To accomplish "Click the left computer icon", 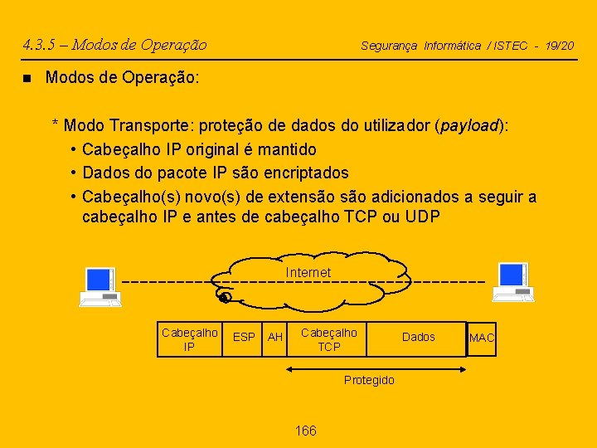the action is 100,286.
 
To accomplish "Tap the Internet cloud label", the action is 308,272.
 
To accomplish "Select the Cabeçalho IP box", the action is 189,339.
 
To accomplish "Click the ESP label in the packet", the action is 244,338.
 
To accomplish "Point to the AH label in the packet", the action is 275,338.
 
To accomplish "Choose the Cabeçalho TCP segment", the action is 328,339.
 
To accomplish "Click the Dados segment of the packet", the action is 418,337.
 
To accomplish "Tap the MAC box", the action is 482,338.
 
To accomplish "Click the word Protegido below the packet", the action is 369,380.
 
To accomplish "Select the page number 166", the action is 306,431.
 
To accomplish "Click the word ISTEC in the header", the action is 511,46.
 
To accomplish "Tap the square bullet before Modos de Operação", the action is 27,78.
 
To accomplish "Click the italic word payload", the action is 471,126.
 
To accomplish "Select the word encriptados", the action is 305,173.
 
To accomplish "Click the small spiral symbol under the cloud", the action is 224,296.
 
